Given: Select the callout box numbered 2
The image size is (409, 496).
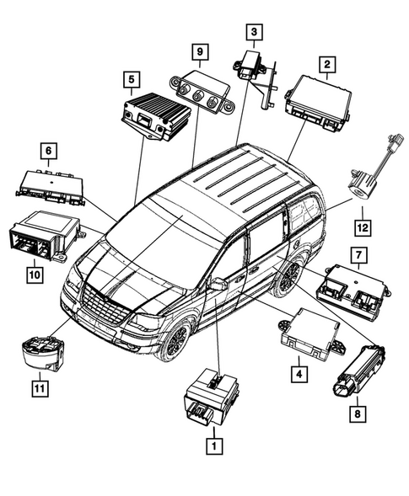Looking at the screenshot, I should coord(325,62).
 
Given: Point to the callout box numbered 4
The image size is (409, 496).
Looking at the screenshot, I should coord(298,370).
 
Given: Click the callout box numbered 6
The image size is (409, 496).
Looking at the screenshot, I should coord(49,151).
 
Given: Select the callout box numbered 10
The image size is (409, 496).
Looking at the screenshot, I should coord(34,273).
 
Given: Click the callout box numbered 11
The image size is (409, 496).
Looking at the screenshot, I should coord(37,388).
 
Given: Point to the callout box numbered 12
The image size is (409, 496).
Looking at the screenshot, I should coord(362,226).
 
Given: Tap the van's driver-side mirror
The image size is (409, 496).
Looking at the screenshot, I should coord(218,284).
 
